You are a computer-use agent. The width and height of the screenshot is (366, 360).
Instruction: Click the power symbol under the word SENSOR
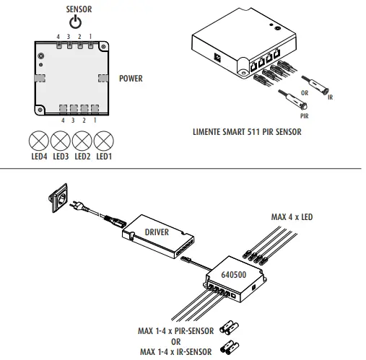75,22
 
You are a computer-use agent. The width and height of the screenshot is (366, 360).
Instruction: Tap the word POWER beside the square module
131,79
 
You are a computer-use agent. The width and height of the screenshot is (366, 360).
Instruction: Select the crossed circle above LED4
39,141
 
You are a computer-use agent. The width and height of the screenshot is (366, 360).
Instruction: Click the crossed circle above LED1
104,141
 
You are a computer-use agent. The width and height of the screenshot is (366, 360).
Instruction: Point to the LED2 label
82,157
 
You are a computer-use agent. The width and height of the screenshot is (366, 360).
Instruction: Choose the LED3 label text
61,157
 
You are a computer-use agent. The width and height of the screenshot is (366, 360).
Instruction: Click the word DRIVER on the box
157,232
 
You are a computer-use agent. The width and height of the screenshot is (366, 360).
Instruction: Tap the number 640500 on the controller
234,275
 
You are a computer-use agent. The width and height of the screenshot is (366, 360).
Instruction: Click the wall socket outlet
58,198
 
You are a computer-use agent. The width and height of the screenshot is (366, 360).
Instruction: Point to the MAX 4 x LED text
292,217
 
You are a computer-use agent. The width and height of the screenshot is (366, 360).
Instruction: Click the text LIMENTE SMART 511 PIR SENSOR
247,132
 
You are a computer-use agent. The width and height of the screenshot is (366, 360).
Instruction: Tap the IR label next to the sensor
330,97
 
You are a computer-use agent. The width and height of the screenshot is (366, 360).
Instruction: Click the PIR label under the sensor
305,116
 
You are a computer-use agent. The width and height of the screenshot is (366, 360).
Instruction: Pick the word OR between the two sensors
305,93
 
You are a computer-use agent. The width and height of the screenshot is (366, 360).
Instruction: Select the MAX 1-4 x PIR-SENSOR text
175,331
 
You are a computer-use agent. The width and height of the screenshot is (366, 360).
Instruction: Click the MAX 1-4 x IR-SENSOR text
176,352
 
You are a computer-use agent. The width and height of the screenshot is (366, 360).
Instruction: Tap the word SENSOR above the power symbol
79,9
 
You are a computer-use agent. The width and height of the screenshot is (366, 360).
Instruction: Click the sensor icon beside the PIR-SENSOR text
230,328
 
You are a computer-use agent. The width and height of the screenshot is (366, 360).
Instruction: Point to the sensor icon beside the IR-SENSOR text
230,348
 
